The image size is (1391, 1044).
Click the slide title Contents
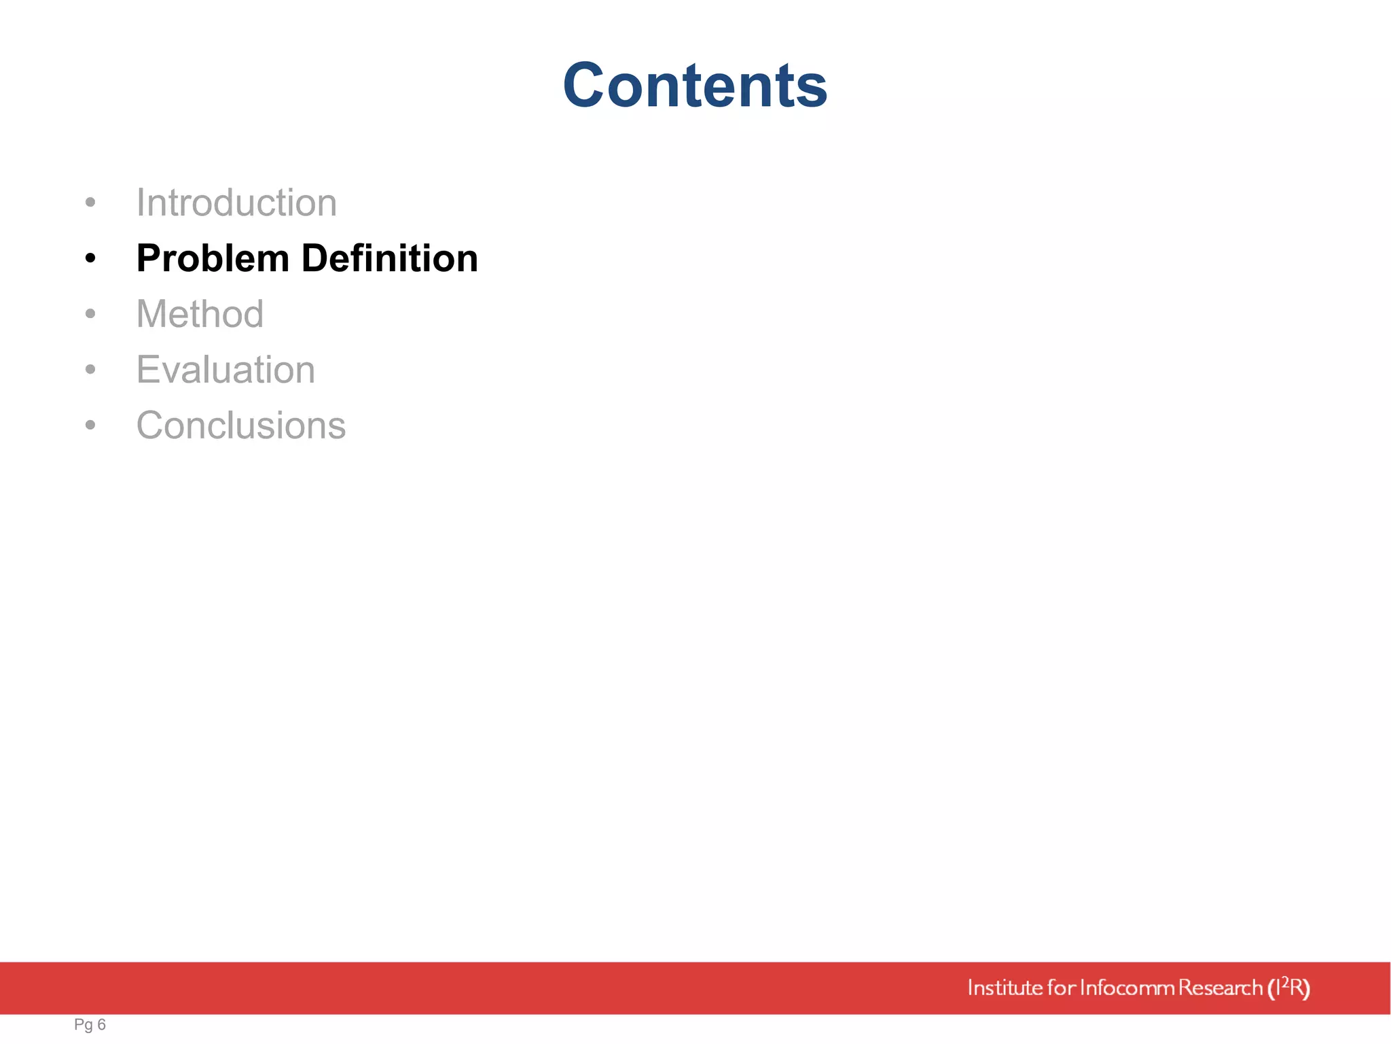click(695, 85)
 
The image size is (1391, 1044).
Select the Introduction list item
click(236, 203)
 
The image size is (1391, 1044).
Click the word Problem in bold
click(213, 259)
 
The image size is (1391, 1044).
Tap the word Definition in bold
click(389, 258)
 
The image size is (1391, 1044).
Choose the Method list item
click(200, 314)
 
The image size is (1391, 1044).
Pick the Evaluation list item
click(225, 370)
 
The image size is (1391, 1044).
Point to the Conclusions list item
click(241, 425)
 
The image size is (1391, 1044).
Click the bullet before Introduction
click(90, 203)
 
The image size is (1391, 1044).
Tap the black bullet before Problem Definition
click(90, 259)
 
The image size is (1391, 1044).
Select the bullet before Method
click(90, 314)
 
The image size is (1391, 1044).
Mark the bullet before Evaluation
click(90, 370)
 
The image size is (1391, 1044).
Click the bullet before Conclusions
click(90, 425)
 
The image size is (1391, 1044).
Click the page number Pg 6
click(90, 1024)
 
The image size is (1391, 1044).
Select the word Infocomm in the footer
click(1127, 988)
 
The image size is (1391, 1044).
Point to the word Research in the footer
click(1220, 988)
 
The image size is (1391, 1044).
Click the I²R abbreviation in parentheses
click(1288, 988)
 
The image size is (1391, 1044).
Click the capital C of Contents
click(588, 86)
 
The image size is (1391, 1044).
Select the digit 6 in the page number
click(102, 1024)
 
